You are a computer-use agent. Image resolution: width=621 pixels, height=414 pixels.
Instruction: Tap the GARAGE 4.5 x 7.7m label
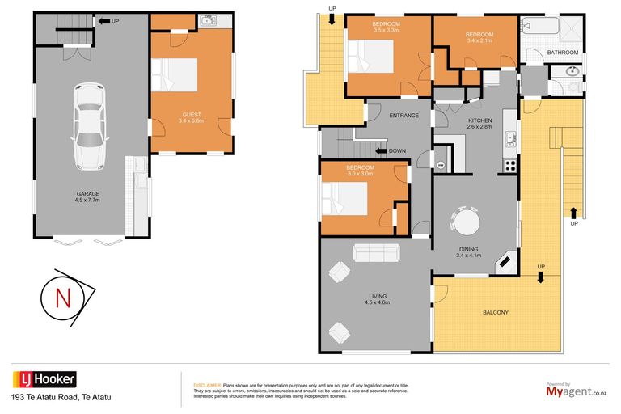(87, 196)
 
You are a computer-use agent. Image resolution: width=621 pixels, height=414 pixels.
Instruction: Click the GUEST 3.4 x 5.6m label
(191, 119)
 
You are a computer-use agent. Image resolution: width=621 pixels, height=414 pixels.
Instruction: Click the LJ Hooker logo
(44, 379)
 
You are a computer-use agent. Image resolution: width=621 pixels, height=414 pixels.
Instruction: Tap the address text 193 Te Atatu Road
(61, 397)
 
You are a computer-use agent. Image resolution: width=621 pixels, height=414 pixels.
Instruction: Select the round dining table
(466, 222)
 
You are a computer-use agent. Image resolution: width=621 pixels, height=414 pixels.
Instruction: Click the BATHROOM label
(563, 53)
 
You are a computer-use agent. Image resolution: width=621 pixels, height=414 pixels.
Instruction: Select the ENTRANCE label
(403, 116)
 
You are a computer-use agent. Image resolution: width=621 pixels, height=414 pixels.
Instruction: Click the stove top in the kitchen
(510, 165)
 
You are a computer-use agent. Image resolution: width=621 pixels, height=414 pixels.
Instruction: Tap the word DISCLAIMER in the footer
(207, 386)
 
